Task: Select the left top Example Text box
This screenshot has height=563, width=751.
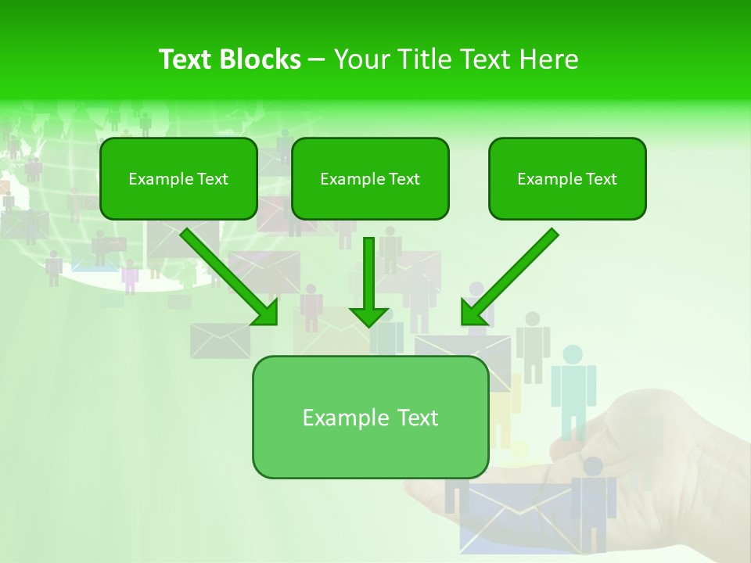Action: click(x=178, y=178)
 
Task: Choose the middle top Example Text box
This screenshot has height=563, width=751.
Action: click(x=370, y=178)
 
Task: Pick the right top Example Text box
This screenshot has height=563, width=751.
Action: click(x=567, y=178)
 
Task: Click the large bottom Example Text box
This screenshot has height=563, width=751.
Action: click(x=370, y=417)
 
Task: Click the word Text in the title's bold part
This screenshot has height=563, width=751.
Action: click(x=186, y=59)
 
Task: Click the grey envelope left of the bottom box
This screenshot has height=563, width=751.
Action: click(x=220, y=341)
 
